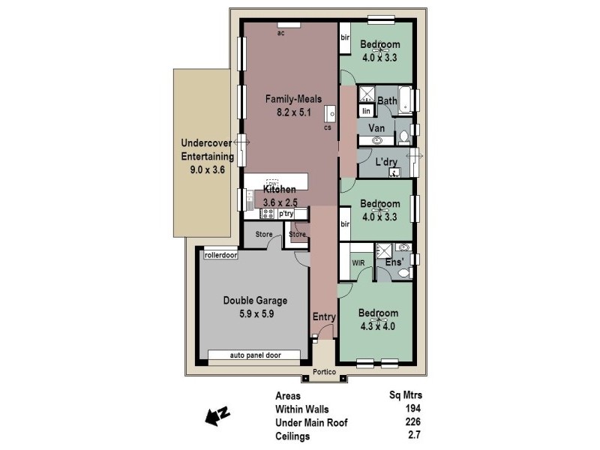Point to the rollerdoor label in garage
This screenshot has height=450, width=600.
click(220, 255)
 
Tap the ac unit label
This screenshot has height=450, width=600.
click(280, 34)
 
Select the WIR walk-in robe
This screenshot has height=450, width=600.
click(358, 262)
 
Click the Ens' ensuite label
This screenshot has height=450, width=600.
click(393, 262)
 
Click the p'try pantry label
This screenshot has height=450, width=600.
click(286, 214)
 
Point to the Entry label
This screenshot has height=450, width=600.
click(324, 317)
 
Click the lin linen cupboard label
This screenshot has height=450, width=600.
click(367, 111)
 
